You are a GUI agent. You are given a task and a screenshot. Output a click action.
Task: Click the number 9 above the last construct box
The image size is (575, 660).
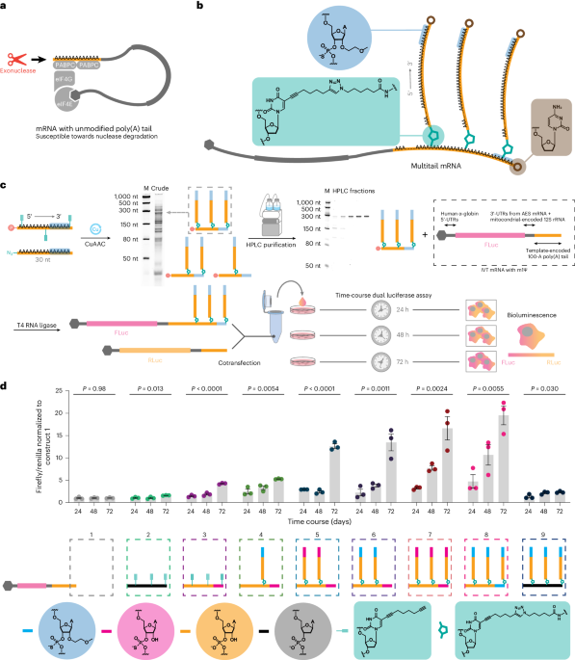tap(536, 534)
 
